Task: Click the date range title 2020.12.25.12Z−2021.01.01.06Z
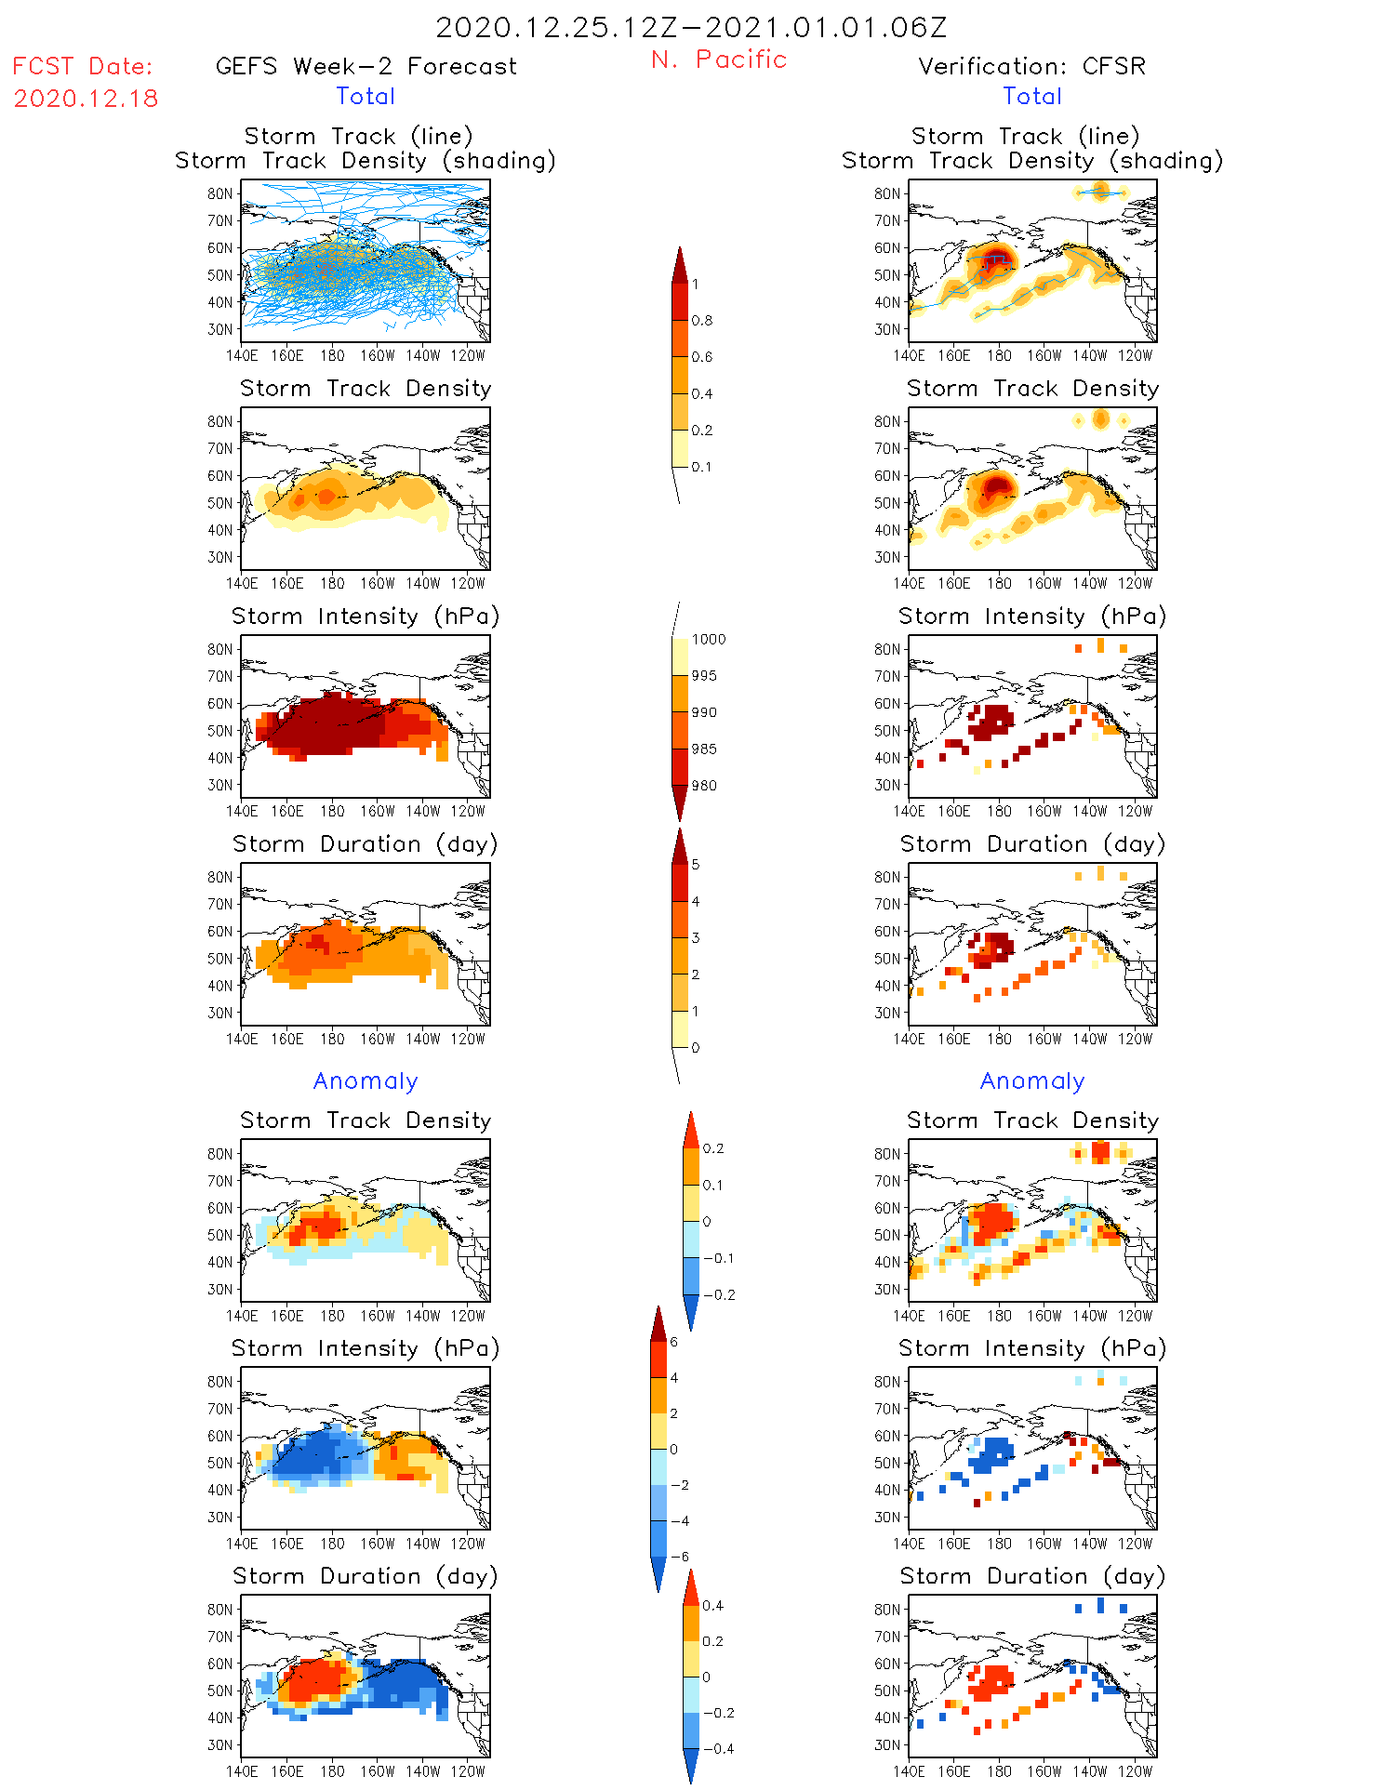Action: click(x=691, y=27)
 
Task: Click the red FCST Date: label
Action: click(x=83, y=66)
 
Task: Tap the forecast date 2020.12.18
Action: click(x=86, y=99)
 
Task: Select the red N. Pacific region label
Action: click(x=719, y=60)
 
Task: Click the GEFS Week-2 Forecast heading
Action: click(x=366, y=66)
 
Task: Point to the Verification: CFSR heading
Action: click(x=1031, y=66)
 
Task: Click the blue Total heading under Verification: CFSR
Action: click(x=1031, y=96)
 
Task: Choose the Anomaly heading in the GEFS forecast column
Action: click(x=366, y=1081)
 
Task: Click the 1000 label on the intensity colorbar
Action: click(x=709, y=639)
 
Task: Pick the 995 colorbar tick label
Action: click(x=704, y=676)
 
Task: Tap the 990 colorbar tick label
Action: click(x=704, y=712)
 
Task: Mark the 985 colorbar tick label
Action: click(x=704, y=749)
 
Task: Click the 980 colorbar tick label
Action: click(x=704, y=786)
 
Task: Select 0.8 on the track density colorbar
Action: click(x=702, y=321)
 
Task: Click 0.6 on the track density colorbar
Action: click(x=702, y=357)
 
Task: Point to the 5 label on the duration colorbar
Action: click(x=696, y=865)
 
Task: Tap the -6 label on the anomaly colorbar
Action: click(x=679, y=1557)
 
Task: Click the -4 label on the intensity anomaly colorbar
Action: click(x=679, y=1521)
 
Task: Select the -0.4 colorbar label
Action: click(x=717, y=1748)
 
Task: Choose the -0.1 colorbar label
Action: click(x=717, y=1258)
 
